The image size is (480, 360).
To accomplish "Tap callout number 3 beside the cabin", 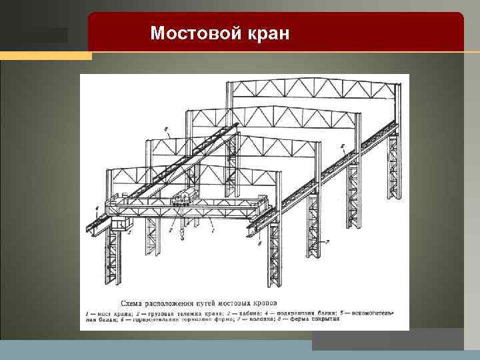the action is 129,233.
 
